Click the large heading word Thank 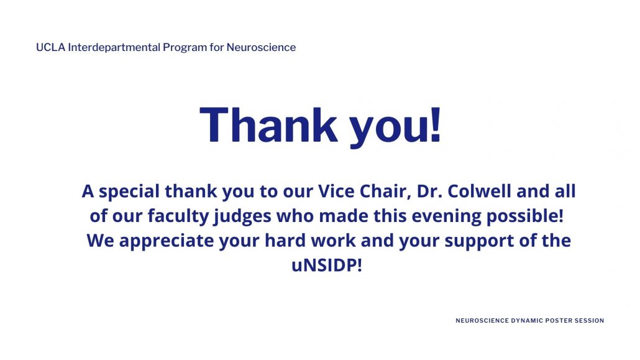click(x=268, y=124)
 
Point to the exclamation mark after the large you click(x=436, y=124)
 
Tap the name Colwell click(x=479, y=192)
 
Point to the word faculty click(x=178, y=216)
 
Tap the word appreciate click(x=167, y=241)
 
